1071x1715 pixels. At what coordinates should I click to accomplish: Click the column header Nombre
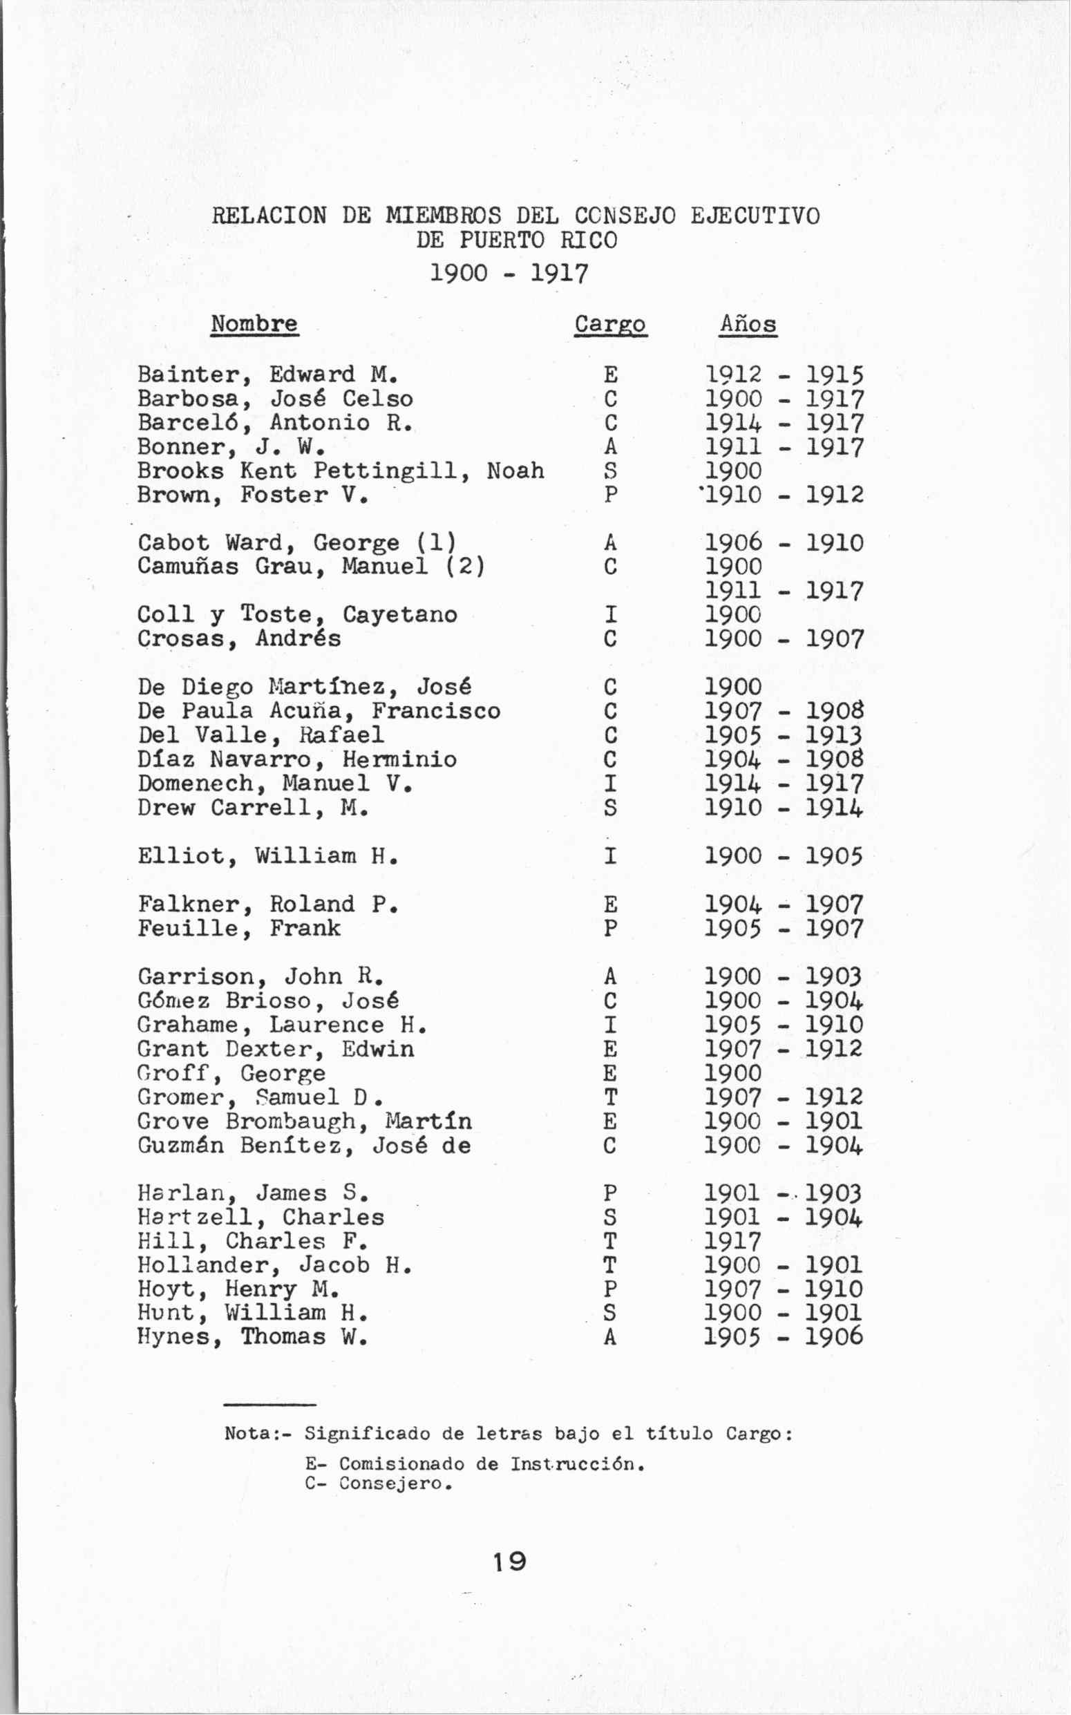point(254,324)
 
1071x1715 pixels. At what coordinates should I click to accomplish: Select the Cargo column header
point(610,325)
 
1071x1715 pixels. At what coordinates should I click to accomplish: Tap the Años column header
point(748,325)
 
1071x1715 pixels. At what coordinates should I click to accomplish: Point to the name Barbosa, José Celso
point(275,399)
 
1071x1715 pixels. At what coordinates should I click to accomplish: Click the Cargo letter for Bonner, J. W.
point(611,447)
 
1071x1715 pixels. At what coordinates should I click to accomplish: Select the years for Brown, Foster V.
point(784,495)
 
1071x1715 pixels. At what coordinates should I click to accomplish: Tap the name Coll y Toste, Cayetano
point(297,614)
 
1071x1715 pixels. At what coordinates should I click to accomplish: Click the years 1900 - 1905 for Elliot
point(784,855)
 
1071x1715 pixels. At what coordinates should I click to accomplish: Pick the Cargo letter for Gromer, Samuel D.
point(611,1097)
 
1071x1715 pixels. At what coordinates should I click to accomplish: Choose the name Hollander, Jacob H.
point(275,1265)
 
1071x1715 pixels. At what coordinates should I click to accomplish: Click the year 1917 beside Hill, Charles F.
point(733,1241)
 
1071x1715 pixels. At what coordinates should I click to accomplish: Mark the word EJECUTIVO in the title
point(755,216)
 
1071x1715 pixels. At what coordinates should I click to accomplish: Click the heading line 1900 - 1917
point(509,274)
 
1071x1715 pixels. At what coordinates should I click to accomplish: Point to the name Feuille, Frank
point(238,928)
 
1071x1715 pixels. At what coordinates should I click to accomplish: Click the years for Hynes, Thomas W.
point(784,1337)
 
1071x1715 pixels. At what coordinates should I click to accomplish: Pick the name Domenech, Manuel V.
point(275,784)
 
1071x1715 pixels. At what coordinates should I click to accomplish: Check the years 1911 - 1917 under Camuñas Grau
point(784,591)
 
